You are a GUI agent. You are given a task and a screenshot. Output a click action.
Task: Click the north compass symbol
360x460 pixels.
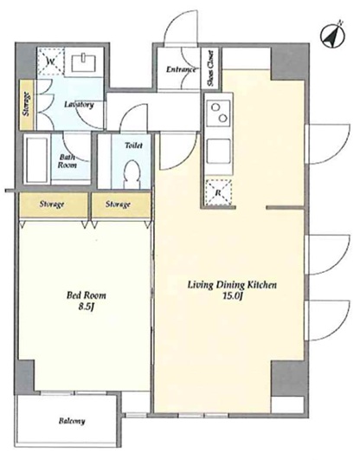point(332,36)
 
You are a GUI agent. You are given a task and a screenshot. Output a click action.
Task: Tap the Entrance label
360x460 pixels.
point(181,69)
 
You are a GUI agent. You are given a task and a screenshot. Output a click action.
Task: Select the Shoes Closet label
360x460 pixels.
point(211,68)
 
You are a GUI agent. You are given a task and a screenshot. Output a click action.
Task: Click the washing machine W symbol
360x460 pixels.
point(51,62)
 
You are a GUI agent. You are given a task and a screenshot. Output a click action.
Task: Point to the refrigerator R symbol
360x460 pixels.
point(218,192)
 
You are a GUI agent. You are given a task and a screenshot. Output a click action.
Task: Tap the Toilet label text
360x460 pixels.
point(133,146)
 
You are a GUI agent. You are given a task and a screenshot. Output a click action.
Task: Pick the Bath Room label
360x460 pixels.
point(67,161)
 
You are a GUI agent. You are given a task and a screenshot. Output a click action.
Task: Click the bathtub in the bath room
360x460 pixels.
point(37,160)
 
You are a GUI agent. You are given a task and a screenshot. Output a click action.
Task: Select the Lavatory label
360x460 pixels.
point(79,104)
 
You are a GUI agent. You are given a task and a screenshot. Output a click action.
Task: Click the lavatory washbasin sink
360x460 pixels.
point(84,62)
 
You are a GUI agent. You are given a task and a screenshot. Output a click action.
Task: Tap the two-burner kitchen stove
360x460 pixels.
point(219,113)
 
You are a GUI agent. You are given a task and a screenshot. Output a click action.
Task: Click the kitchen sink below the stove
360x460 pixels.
point(219,152)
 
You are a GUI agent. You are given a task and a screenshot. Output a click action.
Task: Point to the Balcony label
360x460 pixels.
point(72,421)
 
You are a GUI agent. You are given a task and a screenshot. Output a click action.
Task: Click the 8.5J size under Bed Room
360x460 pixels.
point(87,307)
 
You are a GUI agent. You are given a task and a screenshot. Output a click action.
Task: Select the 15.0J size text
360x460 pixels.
point(233,296)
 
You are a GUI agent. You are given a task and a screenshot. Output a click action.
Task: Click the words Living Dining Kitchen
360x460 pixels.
point(232,285)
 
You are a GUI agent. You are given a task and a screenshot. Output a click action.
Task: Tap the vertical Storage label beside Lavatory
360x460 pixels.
point(26,104)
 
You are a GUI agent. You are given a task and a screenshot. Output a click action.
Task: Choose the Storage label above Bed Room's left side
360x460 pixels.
point(52,204)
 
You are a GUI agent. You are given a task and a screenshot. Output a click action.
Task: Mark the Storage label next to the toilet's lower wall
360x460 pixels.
point(118,204)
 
